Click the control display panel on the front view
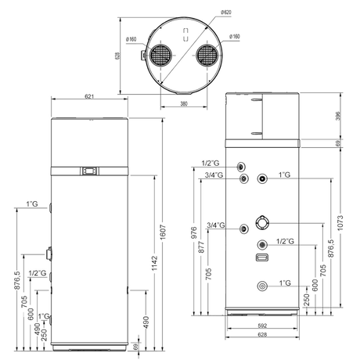click(92, 169)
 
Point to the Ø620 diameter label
click(226, 12)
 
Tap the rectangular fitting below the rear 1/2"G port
click(261, 257)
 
